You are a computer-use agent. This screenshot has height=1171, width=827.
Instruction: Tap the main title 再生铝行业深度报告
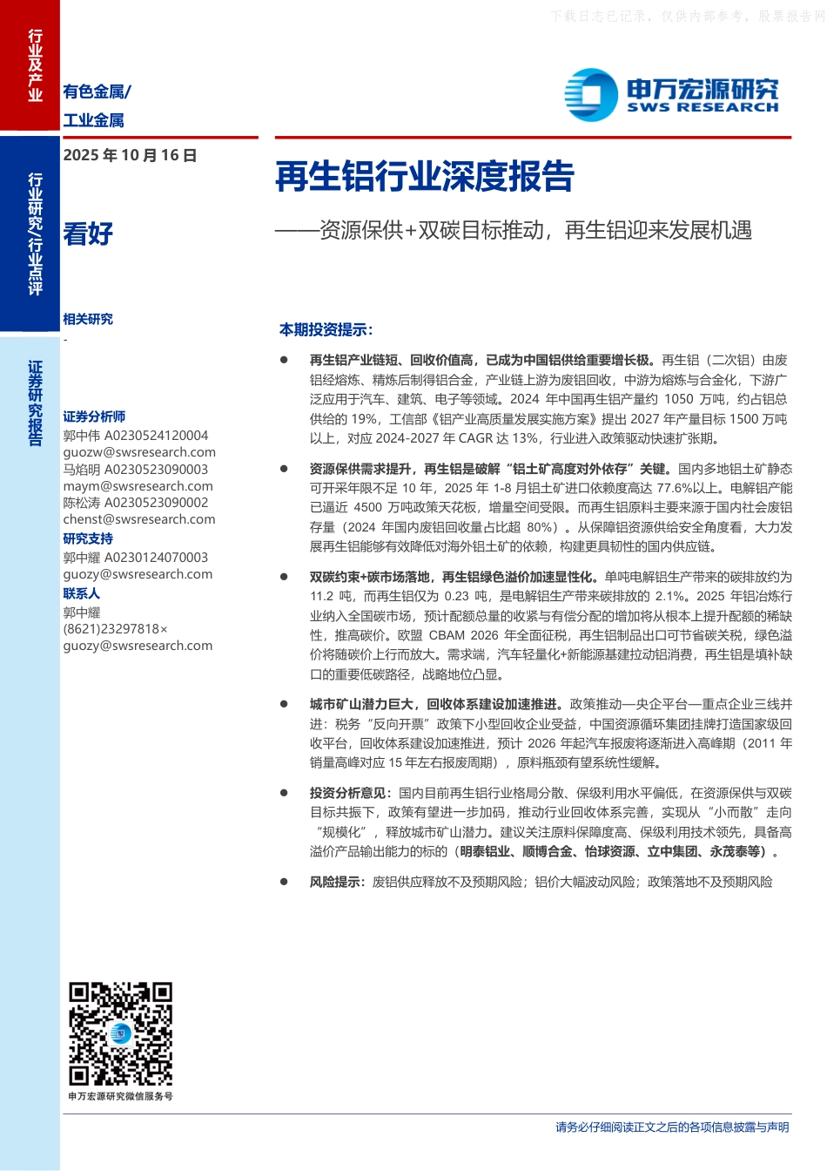(425, 177)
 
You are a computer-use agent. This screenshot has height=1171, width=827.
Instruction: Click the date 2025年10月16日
(130, 155)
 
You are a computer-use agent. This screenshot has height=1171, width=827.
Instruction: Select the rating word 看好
(88, 234)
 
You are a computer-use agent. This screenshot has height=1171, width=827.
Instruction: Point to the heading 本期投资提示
(326, 329)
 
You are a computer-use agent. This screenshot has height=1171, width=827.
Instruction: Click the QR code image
(121, 1034)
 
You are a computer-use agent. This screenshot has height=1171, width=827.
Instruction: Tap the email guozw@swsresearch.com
(139, 452)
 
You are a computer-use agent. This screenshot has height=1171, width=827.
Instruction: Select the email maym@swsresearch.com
(138, 486)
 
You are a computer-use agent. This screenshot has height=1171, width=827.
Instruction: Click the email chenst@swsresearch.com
(139, 519)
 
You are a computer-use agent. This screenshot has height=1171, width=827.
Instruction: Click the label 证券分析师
(94, 416)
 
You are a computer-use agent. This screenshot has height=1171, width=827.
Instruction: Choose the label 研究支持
(88, 538)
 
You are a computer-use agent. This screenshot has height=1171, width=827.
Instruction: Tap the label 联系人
(81, 593)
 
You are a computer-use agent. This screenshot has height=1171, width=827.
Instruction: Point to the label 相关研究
(88, 319)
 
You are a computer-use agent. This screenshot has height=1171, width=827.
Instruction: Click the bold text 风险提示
(337, 882)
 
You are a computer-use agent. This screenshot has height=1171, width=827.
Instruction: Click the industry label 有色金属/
(97, 91)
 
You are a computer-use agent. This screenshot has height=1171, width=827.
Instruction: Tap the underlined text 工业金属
(93, 120)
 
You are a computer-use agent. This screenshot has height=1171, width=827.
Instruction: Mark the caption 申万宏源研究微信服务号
(121, 1096)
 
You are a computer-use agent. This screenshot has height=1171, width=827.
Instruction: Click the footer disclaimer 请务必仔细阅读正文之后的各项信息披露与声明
(672, 1127)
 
